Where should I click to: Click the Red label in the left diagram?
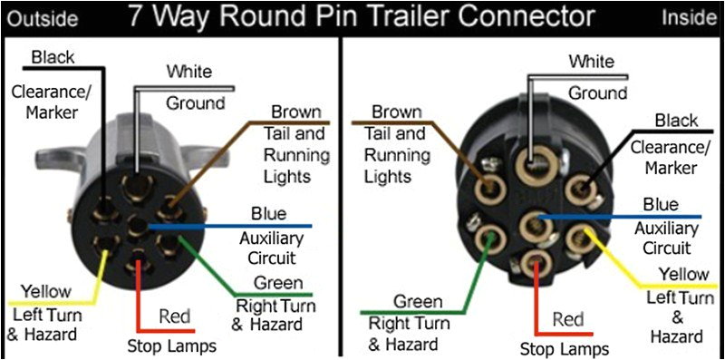tap(174, 316)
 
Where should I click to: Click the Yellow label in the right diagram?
tap(683, 274)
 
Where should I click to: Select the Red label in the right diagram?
tap(567, 319)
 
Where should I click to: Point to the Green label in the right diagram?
tap(419, 302)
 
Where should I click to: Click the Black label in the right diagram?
tap(676, 121)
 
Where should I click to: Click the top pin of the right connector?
tap(533, 163)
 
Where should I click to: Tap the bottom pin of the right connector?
tap(534, 263)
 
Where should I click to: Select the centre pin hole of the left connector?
tap(137, 227)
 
